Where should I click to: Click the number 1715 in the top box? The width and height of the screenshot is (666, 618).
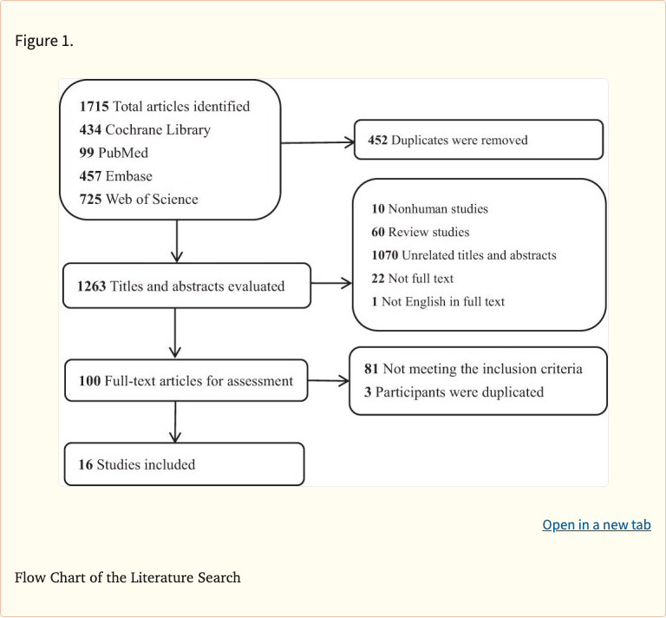coord(94,107)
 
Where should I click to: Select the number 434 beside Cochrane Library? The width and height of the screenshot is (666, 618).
coord(90,130)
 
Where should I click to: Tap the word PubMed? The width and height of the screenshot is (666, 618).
coord(123,153)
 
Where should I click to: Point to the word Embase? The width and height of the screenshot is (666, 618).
coord(128,176)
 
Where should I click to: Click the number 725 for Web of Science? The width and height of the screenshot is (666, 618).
coord(90,200)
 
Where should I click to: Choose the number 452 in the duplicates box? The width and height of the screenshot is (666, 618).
coord(377,140)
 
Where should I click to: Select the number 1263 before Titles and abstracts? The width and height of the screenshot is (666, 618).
coord(91,286)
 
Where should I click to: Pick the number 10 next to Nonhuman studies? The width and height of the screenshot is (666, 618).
coord(377,209)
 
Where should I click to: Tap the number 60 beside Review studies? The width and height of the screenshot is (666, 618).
coord(377,233)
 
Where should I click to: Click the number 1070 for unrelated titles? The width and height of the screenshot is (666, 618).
coord(384,255)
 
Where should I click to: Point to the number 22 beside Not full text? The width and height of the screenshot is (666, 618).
coord(377,279)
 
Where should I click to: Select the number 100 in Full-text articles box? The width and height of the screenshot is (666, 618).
coord(89,381)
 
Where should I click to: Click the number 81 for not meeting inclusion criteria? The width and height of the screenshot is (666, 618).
coord(371,369)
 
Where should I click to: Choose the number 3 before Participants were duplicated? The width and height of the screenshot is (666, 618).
coord(368,392)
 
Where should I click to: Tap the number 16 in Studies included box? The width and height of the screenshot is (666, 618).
coord(85,464)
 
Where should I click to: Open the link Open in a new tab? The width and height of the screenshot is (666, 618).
coord(597,525)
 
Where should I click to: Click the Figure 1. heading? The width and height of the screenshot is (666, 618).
coord(44,41)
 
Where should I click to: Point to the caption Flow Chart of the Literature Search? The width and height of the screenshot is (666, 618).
coord(127,577)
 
